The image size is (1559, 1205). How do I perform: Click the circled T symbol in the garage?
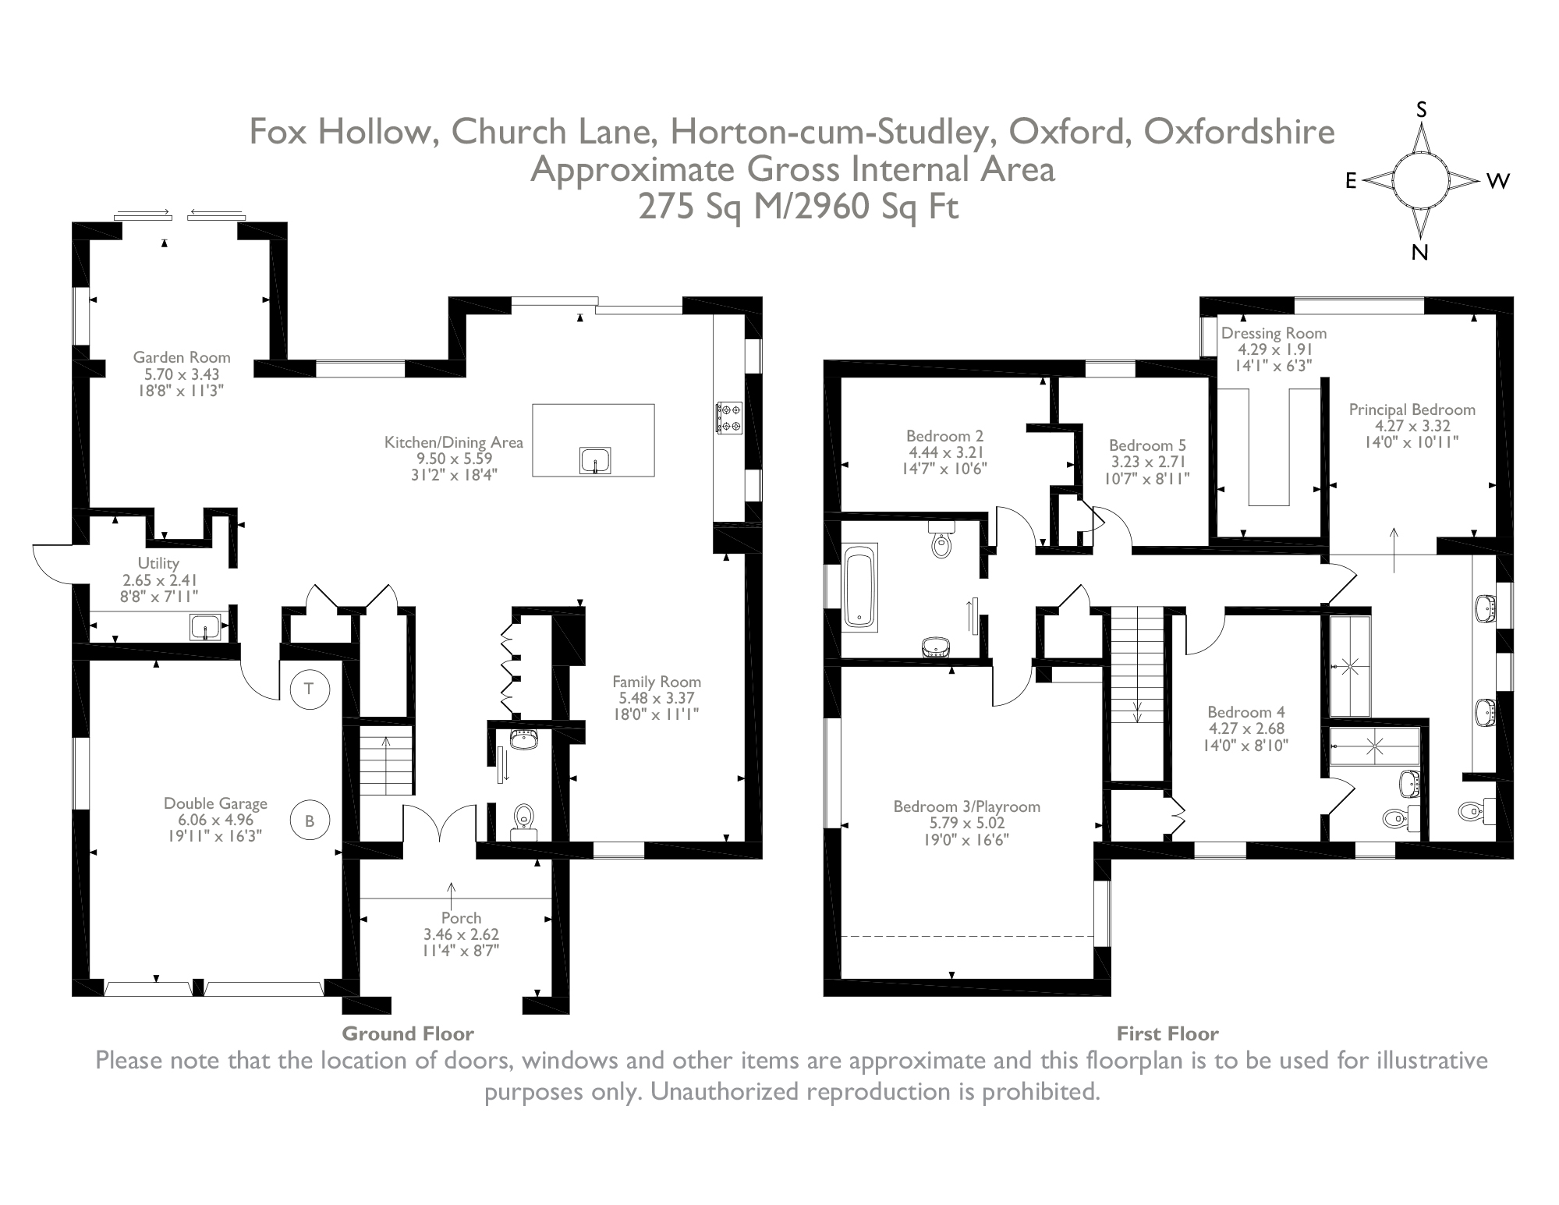pos(310,688)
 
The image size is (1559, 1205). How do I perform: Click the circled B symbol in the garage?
pos(310,820)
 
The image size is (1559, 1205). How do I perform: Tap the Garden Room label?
pos(182,357)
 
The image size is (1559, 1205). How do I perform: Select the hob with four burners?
pos(728,417)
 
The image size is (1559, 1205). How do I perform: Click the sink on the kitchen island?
pos(595,460)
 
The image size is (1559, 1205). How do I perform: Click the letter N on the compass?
pos(1419,252)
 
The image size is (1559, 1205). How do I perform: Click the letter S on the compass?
pos(1421,111)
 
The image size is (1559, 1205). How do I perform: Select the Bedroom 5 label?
pos(1147,445)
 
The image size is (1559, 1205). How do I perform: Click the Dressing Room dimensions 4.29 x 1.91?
pos(1274,349)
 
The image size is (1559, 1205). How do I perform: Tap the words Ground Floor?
pos(408,1033)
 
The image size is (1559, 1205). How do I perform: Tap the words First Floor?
pos(1167,1033)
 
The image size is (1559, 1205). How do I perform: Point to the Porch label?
pos(461,917)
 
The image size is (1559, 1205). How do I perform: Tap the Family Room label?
pos(656,682)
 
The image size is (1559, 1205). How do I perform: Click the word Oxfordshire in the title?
pos(1239,132)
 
